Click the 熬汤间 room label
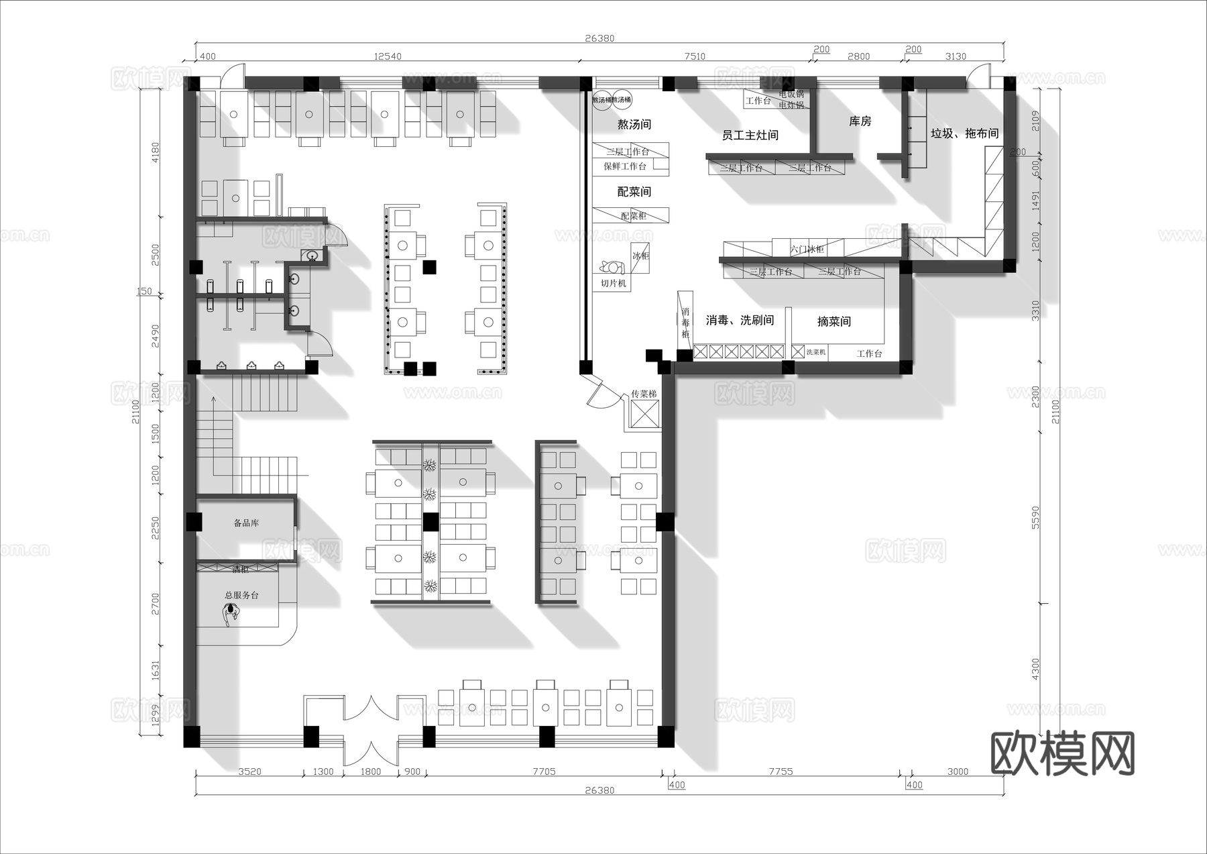point(634,124)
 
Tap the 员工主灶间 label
point(750,135)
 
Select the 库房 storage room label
point(860,121)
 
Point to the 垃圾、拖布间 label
point(964,134)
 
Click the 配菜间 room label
point(634,192)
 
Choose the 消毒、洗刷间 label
point(740,321)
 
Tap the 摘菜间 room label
point(834,322)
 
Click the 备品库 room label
point(246,523)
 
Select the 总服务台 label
point(241,595)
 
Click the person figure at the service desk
point(231,613)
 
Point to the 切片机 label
point(613,283)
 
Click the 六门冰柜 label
point(807,249)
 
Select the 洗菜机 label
point(815,352)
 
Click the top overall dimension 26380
point(599,38)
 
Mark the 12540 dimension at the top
point(387,56)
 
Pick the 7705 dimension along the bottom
point(544,771)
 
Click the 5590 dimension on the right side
point(1035,517)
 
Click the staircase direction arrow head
point(213,399)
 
